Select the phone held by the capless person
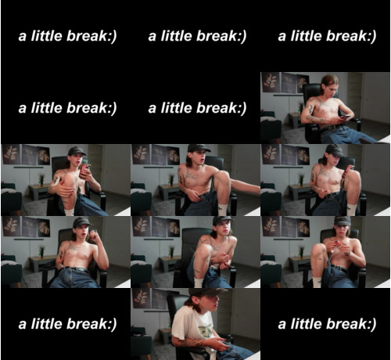345,117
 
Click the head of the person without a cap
330,86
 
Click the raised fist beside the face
93,236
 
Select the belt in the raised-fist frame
76,268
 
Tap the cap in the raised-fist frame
82,222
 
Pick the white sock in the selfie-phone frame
69,212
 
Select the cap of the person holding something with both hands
343,221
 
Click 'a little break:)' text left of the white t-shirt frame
67,324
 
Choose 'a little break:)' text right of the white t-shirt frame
327,324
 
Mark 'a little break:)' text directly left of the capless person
197,108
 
